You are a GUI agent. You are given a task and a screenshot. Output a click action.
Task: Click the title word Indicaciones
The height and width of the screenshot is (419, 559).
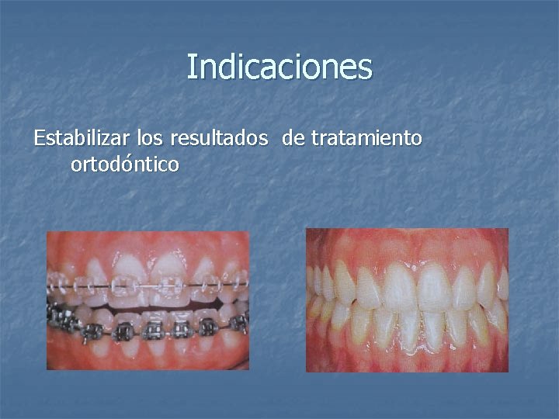coord(279,67)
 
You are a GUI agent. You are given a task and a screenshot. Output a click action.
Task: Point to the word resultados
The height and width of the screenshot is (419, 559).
coord(220,140)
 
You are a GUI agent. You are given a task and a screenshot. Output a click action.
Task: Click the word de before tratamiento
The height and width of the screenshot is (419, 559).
coord(293,139)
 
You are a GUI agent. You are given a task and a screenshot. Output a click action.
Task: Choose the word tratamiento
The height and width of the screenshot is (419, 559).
coord(366,139)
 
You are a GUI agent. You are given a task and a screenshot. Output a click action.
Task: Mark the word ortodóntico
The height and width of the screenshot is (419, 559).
coord(125,164)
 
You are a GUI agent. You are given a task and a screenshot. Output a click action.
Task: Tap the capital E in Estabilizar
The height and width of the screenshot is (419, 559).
coord(40,139)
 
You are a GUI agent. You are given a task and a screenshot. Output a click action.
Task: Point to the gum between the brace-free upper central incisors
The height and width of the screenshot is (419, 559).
coord(416,260)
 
